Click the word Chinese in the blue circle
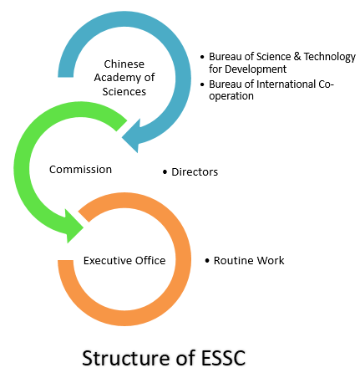124,64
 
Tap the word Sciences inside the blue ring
124,91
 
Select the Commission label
80,170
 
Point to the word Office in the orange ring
150,260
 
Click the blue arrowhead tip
122,137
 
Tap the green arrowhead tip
84,228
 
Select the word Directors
195,172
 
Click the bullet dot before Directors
165,172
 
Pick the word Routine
234,260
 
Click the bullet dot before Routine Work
207,261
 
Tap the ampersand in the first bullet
297,56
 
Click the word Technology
330,57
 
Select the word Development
256,69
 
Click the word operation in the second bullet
231,96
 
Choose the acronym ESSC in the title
223,358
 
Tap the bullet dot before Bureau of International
202,84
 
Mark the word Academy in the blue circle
117,78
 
